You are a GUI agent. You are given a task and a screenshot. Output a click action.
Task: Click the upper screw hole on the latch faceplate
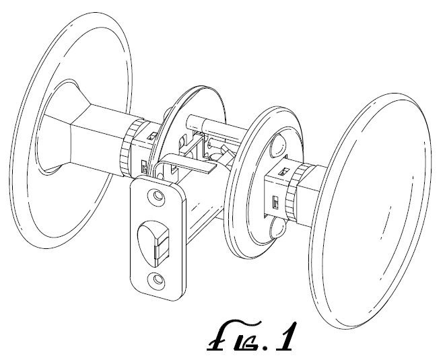pos(157,196)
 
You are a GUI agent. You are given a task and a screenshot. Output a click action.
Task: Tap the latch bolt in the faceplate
pos(153,243)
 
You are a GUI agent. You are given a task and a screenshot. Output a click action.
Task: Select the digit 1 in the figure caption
pos(285,336)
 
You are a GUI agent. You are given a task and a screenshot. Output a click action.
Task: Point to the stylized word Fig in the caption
pos(237,335)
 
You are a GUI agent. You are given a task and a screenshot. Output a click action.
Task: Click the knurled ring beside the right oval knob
pos(293,193)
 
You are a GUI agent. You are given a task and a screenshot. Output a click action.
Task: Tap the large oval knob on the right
pos(372,211)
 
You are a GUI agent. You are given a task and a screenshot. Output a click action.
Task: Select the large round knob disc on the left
pos(71,131)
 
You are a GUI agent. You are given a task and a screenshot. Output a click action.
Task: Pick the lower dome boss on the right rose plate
pos(279,228)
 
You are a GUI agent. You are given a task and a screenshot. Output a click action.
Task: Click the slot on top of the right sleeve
pos(284,171)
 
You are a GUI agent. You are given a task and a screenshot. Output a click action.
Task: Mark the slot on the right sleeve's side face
pos(275,203)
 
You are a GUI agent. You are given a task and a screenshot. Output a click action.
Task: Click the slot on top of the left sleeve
pos(153,135)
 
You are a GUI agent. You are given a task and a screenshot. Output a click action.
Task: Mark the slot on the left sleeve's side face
pos(144,166)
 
